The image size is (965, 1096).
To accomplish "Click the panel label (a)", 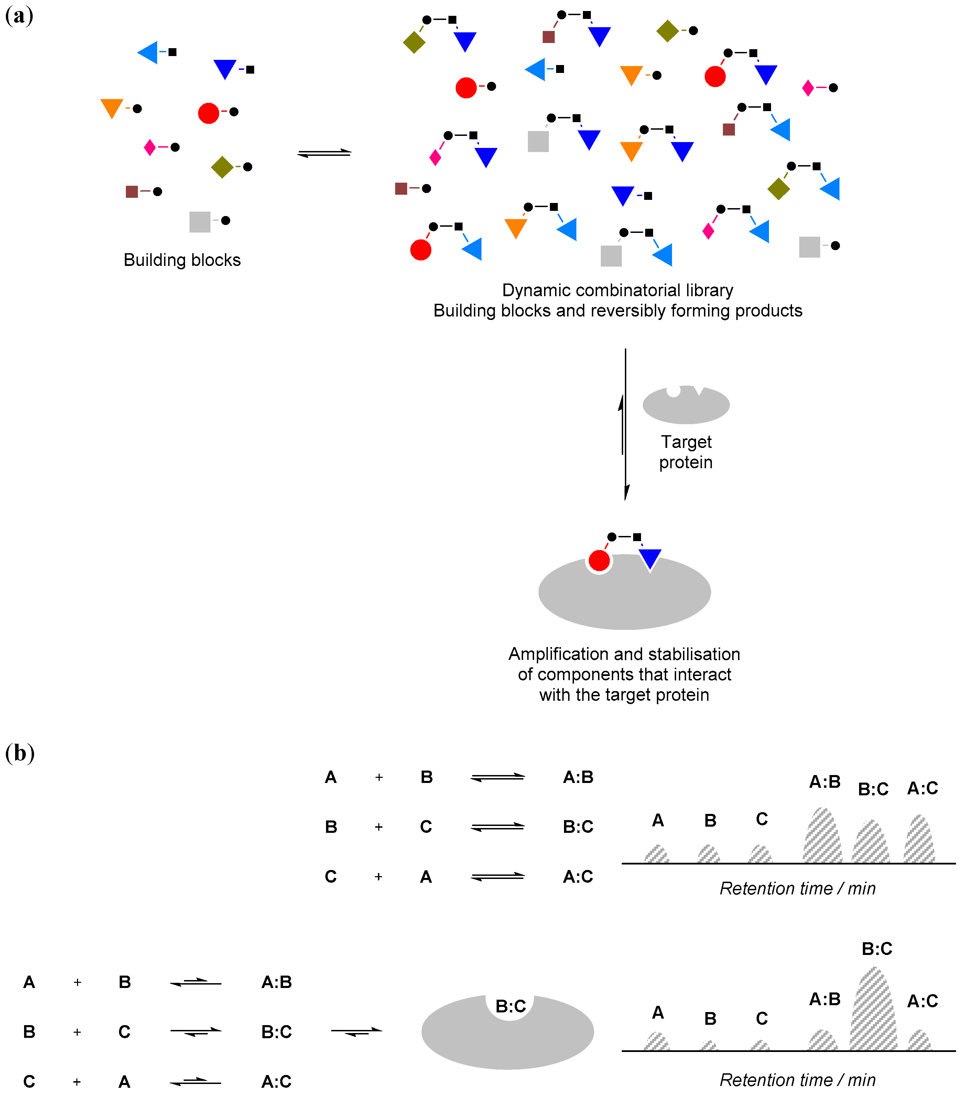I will (19, 16).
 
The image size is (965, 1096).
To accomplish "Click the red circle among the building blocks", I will (208, 113).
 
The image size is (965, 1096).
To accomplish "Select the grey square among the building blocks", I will (200, 222).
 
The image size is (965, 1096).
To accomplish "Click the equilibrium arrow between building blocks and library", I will (324, 153).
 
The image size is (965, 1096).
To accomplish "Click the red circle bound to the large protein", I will (599, 561).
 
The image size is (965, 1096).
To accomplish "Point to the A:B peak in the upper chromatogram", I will (822, 837).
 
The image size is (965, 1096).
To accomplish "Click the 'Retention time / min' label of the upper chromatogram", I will (797, 889).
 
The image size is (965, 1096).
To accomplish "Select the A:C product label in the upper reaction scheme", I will (578, 877).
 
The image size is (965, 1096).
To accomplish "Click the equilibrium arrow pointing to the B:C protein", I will (357, 1031).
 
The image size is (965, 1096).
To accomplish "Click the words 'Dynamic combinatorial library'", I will (618, 290).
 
